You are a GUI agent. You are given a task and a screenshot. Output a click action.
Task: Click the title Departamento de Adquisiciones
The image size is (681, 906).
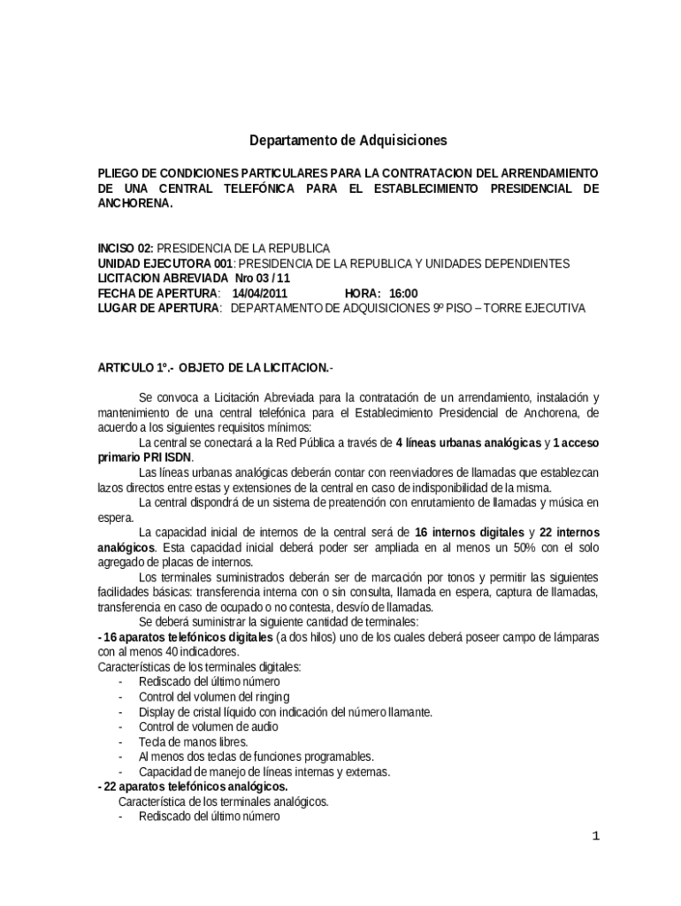pos(348,140)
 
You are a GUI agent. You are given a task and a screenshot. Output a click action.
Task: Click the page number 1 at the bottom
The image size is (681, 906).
pos(595,836)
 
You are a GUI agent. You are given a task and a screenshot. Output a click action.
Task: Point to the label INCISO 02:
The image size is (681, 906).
pos(125,248)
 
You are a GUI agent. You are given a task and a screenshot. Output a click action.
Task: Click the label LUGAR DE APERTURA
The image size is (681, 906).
pos(158,308)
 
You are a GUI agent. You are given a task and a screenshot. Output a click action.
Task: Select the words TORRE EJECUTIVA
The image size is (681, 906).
pos(543,308)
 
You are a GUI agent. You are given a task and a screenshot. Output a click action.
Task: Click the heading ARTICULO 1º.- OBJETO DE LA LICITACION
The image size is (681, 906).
pos(216,366)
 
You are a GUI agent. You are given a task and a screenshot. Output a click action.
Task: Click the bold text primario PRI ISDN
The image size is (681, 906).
pos(144,457)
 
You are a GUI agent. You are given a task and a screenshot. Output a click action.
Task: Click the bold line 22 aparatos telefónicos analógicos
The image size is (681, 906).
pos(193,787)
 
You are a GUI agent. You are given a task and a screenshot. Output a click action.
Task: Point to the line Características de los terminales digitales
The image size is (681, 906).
pos(199,666)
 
